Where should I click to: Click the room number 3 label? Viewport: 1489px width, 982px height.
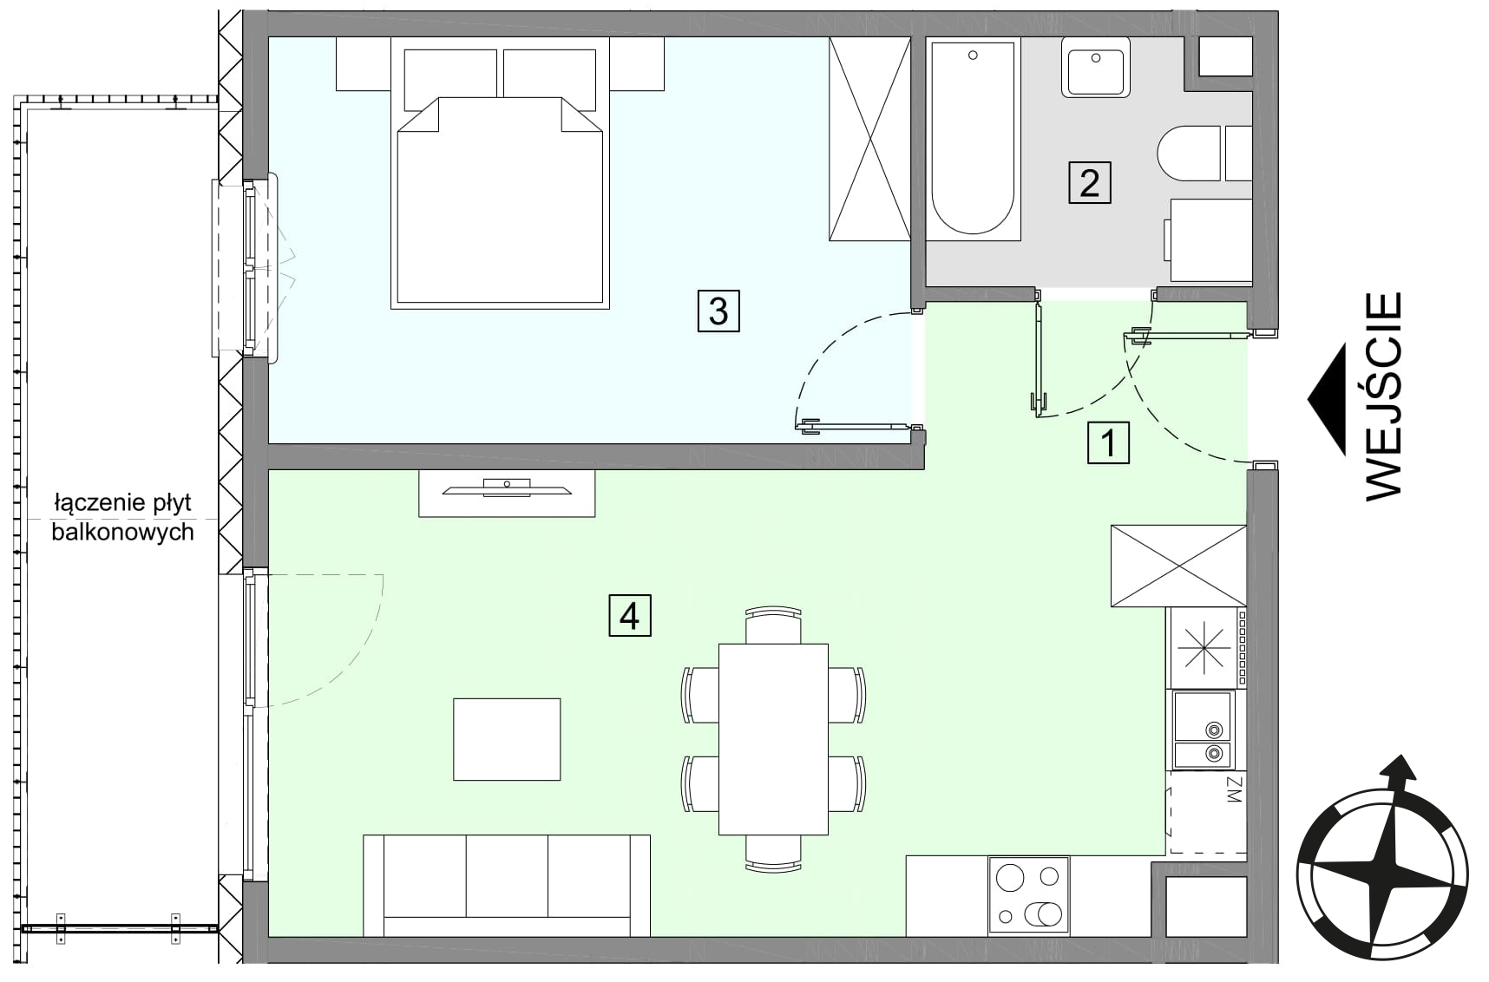718,311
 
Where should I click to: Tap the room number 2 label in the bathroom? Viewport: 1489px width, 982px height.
1089,183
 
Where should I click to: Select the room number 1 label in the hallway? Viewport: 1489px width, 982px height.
1108,443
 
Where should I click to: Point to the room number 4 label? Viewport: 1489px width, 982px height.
630,616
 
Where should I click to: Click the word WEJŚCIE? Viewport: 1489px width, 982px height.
1384,396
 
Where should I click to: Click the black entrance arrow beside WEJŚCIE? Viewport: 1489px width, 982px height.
1328,399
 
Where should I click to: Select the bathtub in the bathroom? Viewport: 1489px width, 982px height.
973,140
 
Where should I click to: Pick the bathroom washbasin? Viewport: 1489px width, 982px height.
1096,67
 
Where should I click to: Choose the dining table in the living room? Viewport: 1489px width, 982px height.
773,739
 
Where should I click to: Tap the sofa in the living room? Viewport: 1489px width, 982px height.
507,886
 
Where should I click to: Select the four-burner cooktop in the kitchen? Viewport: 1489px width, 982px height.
1028,896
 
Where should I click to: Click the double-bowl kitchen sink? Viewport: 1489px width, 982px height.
1204,729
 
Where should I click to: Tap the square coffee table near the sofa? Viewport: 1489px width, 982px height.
507,739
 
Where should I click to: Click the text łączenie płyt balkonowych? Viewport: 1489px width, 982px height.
122,518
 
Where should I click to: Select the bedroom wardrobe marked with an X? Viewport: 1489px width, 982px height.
869,139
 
